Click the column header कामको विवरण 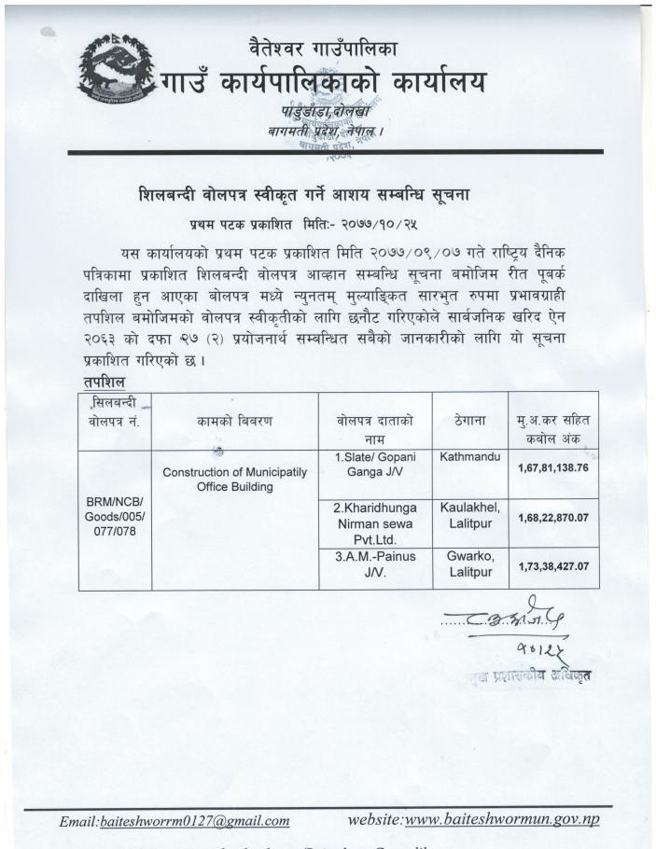(x=234, y=420)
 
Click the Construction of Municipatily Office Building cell (x=234, y=480)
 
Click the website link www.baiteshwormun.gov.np (x=502, y=820)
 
